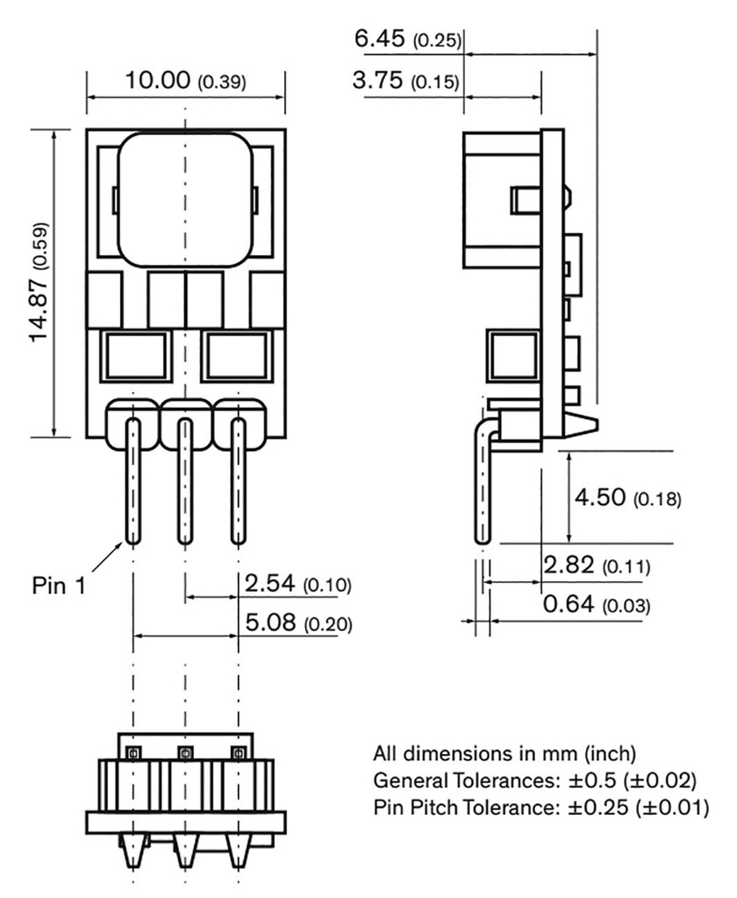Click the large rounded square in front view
pos(185,199)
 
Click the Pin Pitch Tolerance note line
pos(540,806)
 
